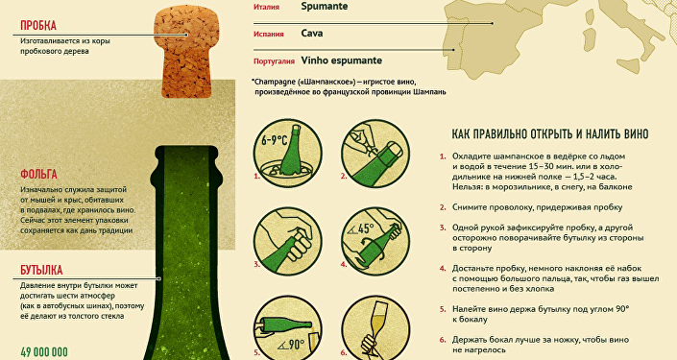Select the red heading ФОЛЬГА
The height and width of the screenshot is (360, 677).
39,175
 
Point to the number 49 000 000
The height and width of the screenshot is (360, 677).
44,352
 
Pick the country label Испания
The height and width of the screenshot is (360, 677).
269,34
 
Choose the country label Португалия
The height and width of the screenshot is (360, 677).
274,60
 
